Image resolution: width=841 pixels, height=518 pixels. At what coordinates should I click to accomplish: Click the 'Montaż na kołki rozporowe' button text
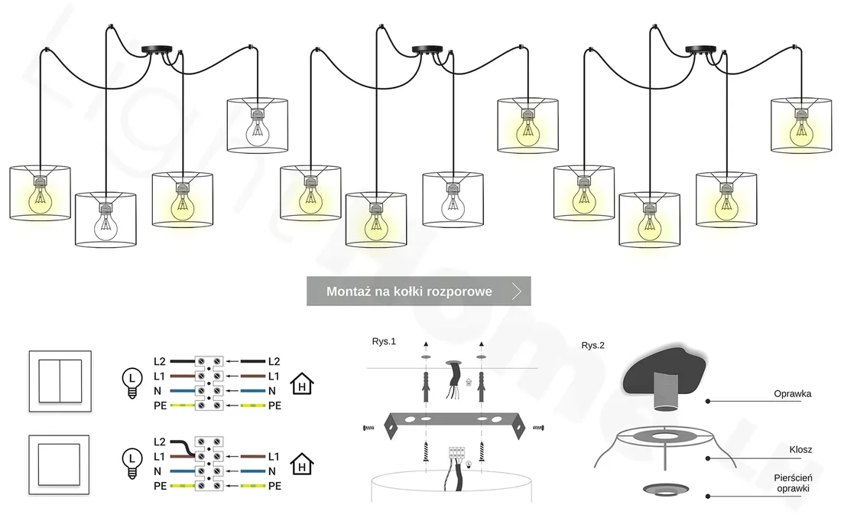tap(409, 292)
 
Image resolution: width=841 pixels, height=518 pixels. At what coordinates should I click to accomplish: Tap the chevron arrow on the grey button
tap(517, 292)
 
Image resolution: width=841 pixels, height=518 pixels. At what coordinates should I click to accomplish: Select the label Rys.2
tap(593, 345)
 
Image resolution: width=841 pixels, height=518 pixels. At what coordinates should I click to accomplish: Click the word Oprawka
tap(792, 394)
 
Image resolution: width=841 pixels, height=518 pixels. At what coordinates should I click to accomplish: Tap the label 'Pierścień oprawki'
tap(793, 482)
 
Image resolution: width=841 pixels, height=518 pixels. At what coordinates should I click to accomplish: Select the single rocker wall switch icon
tap(59, 464)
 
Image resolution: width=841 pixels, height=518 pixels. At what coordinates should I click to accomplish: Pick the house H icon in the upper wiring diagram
tap(304, 385)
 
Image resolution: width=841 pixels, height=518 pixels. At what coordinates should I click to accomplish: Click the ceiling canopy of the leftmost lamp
tap(159, 50)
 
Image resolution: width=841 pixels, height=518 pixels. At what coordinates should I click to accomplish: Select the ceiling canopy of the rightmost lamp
tap(703, 50)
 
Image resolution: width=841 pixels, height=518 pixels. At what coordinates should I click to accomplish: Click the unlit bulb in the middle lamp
tap(454, 204)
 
